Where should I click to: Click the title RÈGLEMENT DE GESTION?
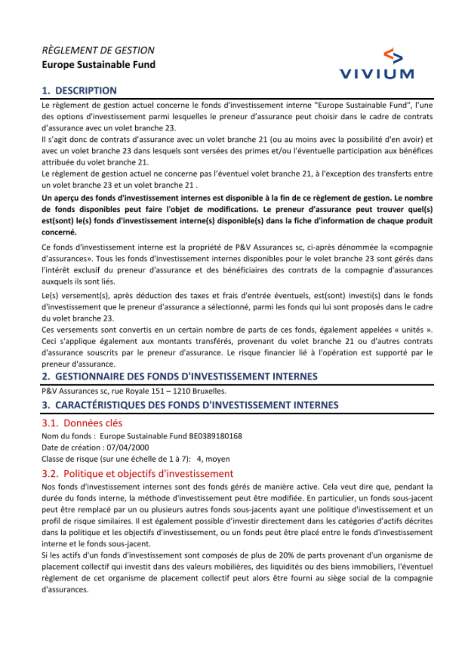(x=98, y=50)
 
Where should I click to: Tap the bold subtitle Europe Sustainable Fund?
(x=98, y=65)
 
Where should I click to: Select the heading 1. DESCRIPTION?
(x=79, y=90)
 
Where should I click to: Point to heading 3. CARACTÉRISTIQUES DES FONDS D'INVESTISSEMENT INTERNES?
(x=190, y=405)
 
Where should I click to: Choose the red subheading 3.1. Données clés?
(x=82, y=423)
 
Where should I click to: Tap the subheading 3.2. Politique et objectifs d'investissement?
(x=137, y=473)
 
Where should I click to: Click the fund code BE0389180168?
(x=215, y=436)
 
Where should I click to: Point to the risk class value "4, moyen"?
(x=213, y=459)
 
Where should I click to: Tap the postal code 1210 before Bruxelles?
(x=182, y=391)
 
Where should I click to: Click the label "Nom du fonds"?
(x=66, y=436)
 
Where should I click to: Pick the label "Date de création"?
(x=70, y=447)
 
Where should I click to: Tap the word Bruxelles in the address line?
(x=209, y=391)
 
